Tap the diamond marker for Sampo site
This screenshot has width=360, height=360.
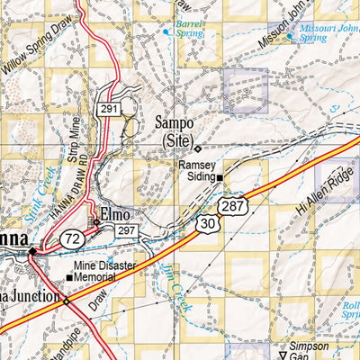198,148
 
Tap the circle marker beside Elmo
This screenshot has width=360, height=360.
96,221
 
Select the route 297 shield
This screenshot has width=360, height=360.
125,232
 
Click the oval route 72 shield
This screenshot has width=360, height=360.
73,238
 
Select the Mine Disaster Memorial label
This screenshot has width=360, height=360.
113,273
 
